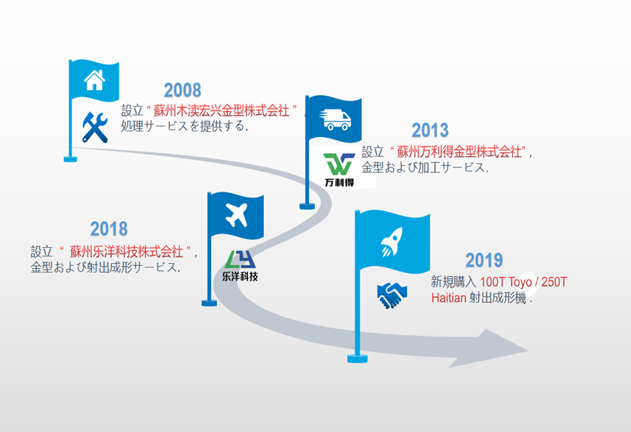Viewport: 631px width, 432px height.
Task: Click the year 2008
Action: [182, 90]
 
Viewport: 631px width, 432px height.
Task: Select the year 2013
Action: [430, 130]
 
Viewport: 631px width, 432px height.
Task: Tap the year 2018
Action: [109, 229]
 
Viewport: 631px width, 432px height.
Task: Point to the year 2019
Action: [484, 260]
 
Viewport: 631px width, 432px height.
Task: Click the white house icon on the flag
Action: [94, 80]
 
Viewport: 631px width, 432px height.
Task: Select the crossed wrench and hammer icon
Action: [95, 128]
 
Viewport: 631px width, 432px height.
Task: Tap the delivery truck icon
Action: [335, 120]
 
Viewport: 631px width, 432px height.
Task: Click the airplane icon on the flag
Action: [236, 215]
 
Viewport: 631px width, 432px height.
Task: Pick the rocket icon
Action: [392, 241]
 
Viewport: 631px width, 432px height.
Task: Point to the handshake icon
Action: [392, 295]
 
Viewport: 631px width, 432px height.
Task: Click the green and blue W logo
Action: [339, 164]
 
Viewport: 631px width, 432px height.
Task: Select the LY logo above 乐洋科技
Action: [240, 259]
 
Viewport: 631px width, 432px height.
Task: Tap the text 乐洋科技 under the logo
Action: [240, 276]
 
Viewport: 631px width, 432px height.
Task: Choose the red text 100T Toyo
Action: [506, 282]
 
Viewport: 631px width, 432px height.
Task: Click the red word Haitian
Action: [449, 298]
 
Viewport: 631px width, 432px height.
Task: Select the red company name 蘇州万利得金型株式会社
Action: [459, 151]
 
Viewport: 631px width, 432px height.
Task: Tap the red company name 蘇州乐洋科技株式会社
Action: [127, 252]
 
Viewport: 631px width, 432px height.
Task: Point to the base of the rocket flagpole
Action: [358, 358]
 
